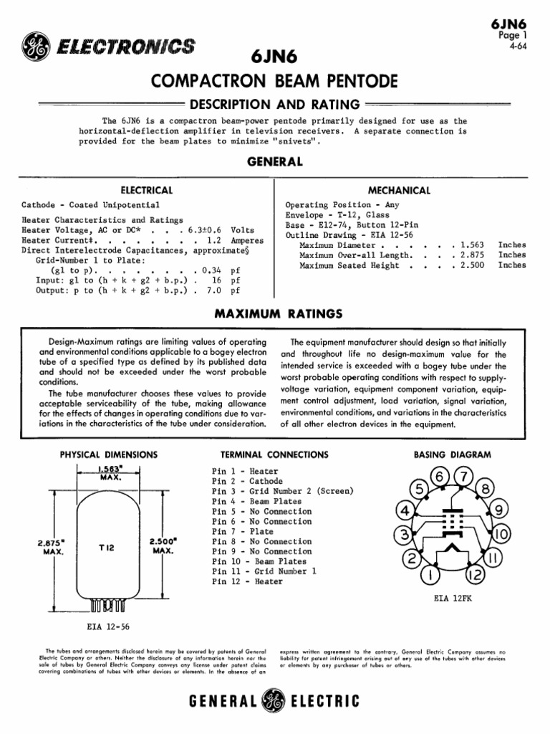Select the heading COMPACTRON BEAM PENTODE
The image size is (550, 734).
coord(274,82)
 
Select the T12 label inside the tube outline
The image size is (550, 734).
coord(107,547)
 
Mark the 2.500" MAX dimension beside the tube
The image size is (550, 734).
coord(165,546)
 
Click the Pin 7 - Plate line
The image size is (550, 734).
coord(243,532)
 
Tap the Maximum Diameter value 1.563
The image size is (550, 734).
coord(474,244)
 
